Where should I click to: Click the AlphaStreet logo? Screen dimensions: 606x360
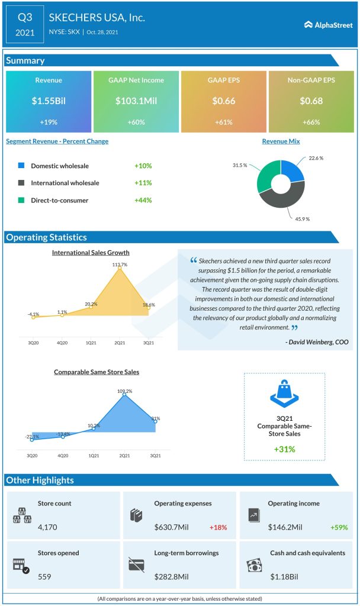pos(327,25)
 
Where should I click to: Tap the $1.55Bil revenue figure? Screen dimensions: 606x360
pos(49,101)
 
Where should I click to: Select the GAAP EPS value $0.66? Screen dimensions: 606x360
pos(223,101)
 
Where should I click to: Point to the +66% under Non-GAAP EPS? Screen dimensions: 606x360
pos(311,122)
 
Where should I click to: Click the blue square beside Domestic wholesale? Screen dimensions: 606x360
pos(21,166)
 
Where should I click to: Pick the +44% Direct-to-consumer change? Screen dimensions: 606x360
pos(143,200)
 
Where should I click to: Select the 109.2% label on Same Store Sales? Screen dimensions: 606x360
pos(124,391)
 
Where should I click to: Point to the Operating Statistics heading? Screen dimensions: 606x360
pos(46,237)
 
